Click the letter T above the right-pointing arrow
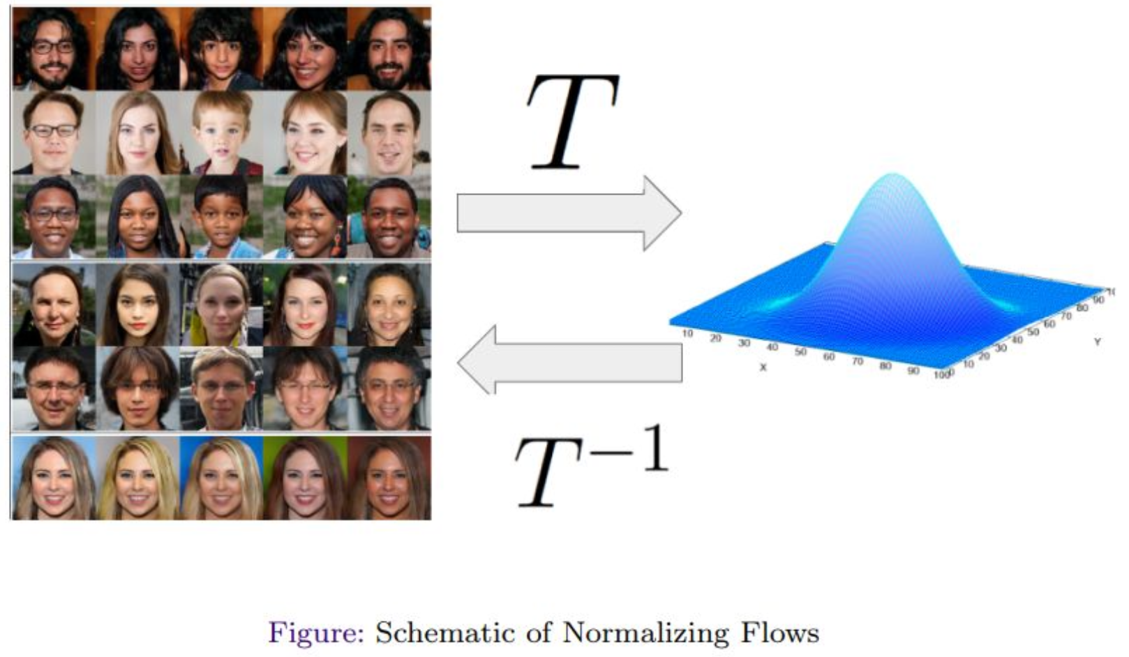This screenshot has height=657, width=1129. [572, 122]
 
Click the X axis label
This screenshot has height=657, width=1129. [763, 367]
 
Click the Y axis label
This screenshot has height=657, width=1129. [1097, 342]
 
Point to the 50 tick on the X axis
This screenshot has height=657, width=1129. [800, 352]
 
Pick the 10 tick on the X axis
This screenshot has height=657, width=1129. [687, 333]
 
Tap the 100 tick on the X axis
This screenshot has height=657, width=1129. [941, 375]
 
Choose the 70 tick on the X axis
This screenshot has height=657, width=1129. [857, 361]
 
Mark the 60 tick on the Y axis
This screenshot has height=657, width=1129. [1049, 324]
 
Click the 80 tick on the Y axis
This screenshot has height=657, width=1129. [1082, 307]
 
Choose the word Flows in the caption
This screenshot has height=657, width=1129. [780, 633]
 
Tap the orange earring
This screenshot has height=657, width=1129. [336, 243]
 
